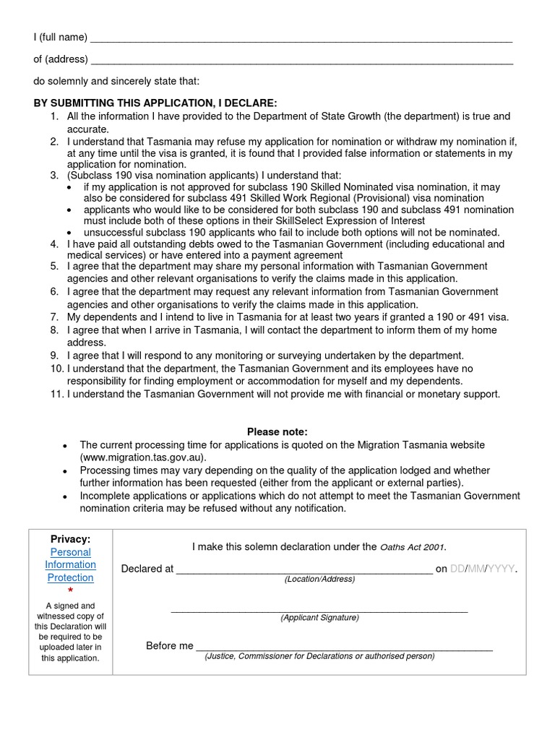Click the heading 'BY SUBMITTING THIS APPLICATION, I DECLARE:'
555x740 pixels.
[x=155, y=103]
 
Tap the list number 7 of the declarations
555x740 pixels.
[x=54, y=317]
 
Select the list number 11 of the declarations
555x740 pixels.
[x=56, y=394]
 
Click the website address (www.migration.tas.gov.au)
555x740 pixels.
[x=143, y=457]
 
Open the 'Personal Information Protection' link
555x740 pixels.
[x=70, y=564]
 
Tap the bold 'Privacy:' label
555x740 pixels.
[x=70, y=539]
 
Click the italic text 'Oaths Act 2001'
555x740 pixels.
[x=413, y=547]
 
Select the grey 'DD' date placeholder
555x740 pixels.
[x=457, y=569]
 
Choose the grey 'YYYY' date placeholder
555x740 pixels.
[x=500, y=569]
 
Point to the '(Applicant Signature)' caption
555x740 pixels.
[x=319, y=618]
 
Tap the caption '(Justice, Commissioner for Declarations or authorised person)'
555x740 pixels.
[x=319, y=656]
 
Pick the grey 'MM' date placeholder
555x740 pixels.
[x=476, y=569]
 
